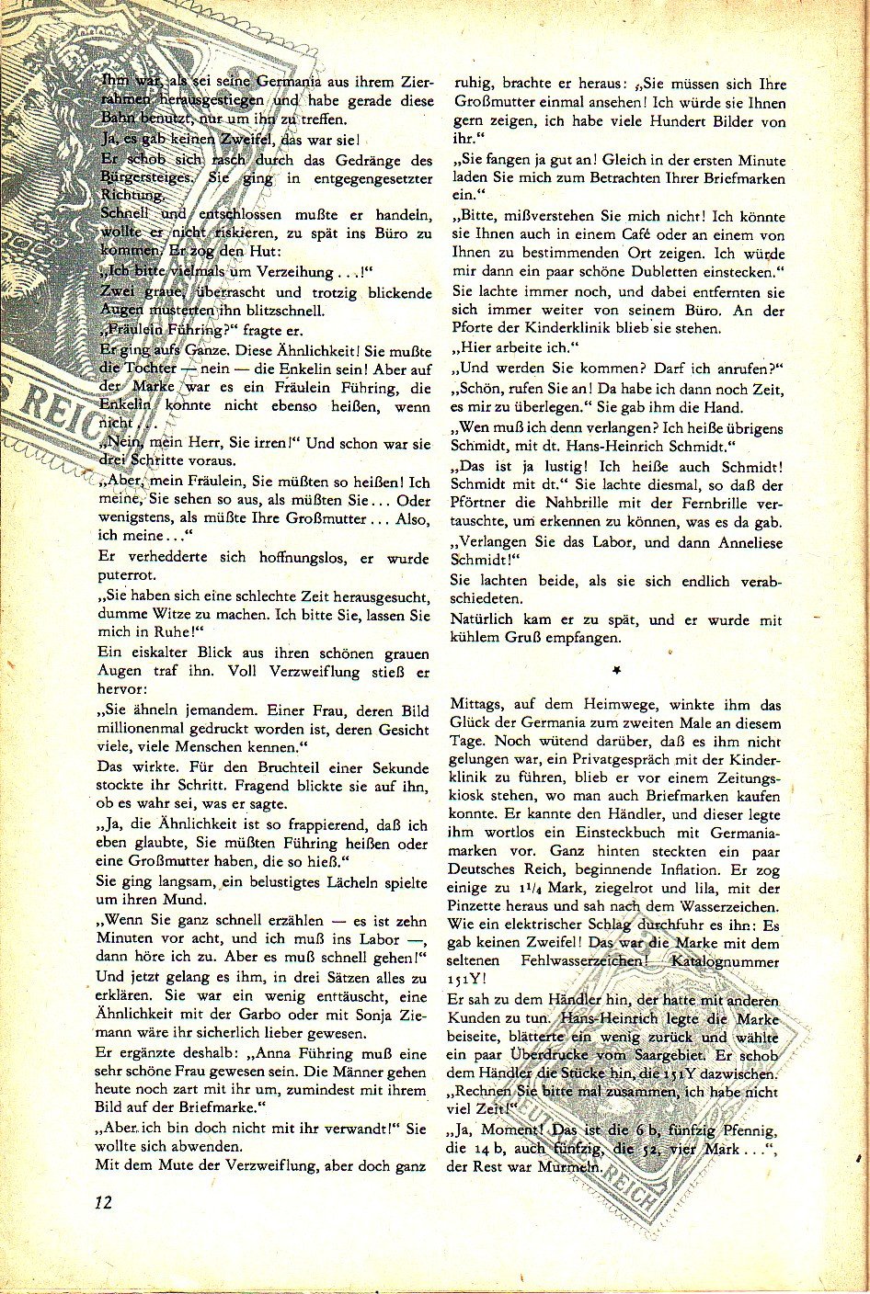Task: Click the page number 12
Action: click(102, 1202)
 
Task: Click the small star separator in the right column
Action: click(616, 672)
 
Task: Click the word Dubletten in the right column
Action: click(661, 273)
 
